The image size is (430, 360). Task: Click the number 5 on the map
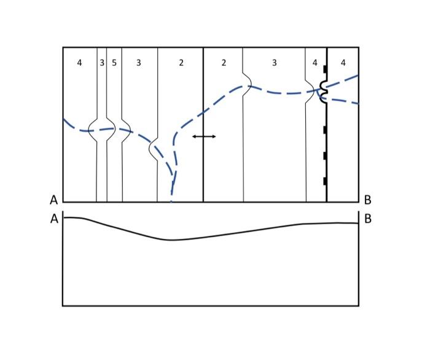[x=114, y=63]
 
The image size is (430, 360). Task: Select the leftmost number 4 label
[x=79, y=63]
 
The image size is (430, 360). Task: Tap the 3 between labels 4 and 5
[x=102, y=63]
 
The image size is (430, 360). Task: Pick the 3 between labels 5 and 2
[x=139, y=63]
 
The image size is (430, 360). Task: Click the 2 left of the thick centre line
[x=181, y=63]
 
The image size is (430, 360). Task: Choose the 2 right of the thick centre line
[x=224, y=63]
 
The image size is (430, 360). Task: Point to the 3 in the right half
[x=274, y=63]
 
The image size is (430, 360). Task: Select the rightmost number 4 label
[x=343, y=63]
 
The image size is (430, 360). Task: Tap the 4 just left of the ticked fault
[x=315, y=63]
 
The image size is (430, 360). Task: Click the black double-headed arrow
[x=204, y=136]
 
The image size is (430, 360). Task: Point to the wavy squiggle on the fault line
[x=324, y=93]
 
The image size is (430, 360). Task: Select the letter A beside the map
[x=54, y=200]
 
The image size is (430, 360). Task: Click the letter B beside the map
[x=367, y=200]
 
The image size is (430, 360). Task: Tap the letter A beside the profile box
[x=54, y=219]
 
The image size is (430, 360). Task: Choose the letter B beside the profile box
[x=367, y=219]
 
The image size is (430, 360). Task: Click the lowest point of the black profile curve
[x=172, y=240]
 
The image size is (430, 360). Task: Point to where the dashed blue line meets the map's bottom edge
[x=171, y=201]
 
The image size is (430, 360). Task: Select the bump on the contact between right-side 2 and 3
[x=247, y=81]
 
